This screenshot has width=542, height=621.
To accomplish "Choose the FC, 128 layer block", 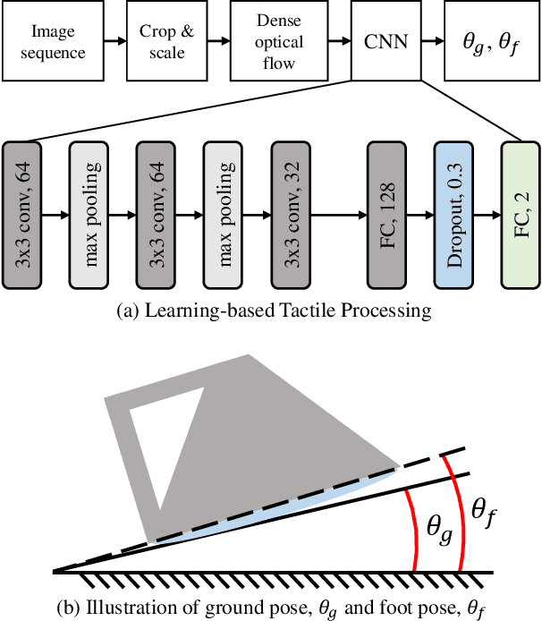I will (388, 215).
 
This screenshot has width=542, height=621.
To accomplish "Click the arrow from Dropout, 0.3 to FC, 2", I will (489, 215).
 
